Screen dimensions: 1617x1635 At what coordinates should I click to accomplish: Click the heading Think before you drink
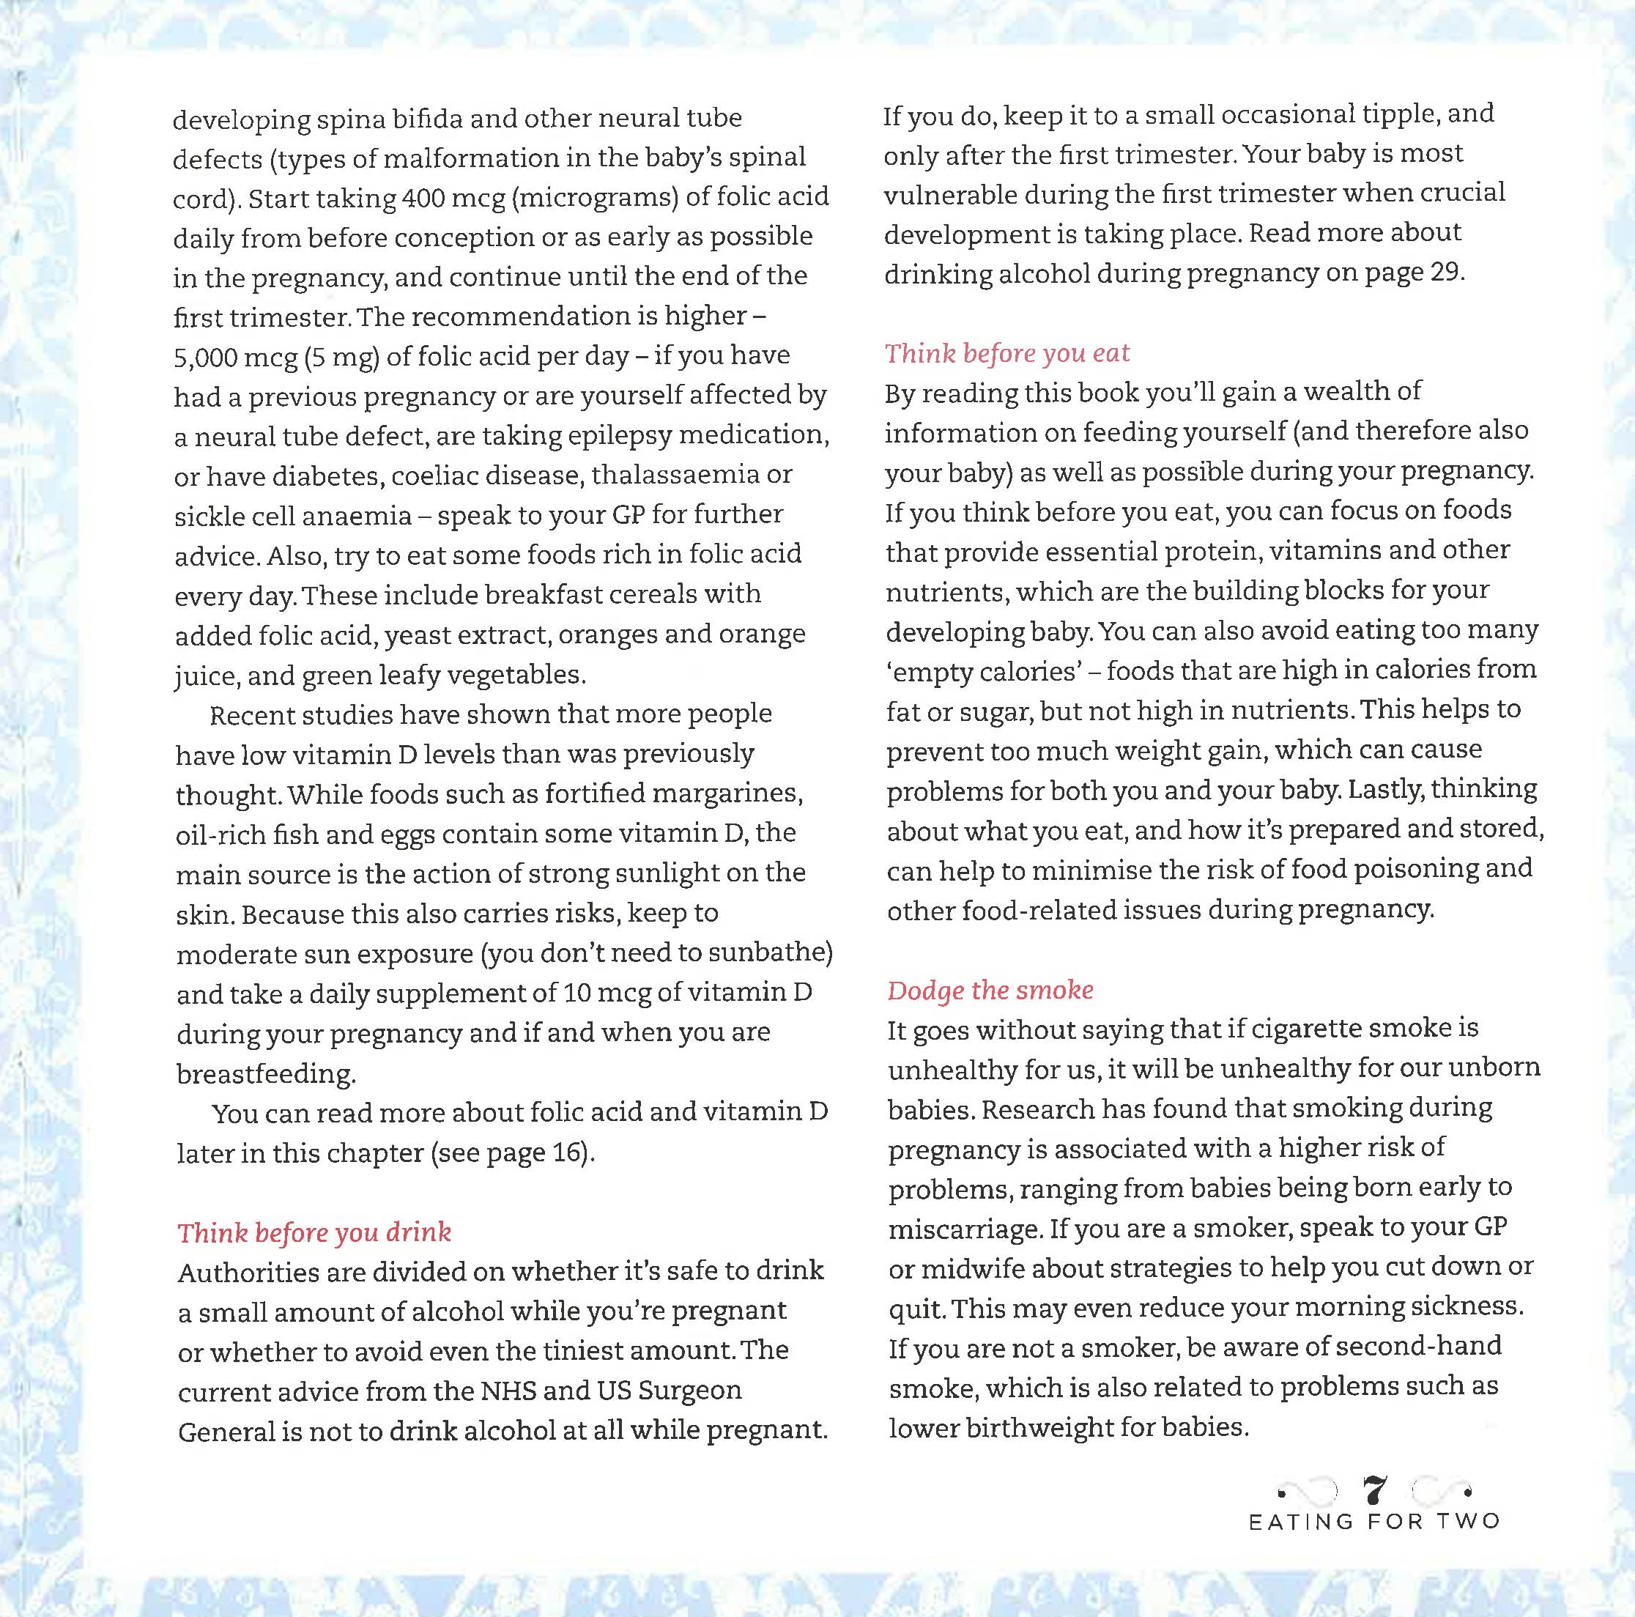coord(314,1232)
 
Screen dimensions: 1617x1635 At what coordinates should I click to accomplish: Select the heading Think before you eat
coord(1007,353)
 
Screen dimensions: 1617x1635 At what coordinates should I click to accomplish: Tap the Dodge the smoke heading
coord(990,990)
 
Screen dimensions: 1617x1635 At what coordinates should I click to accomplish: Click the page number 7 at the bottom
coord(1375,1491)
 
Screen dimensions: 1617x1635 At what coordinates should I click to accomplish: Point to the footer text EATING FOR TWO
coord(1374,1521)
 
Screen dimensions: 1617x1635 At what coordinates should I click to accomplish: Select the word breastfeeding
coord(265,1073)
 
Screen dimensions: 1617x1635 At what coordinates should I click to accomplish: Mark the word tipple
coord(1399,115)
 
